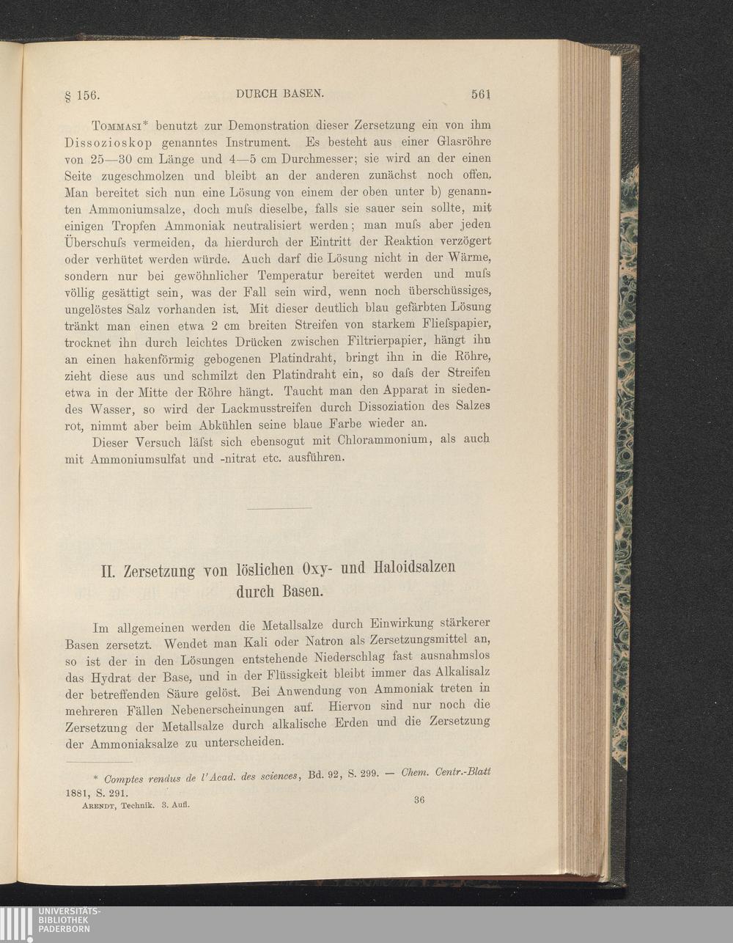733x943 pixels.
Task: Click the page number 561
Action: (481, 94)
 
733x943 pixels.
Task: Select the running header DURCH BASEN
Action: (279, 93)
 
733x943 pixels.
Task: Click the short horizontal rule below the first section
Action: (279, 508)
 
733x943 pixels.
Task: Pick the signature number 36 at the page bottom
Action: (419, 799)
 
